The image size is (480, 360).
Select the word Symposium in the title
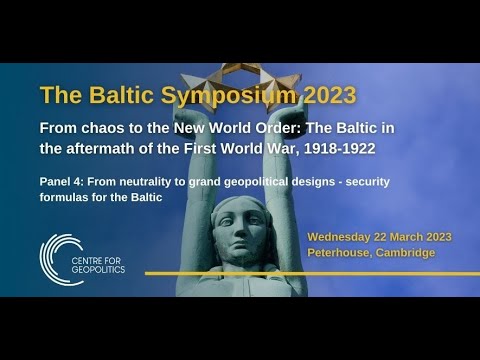pos(218,95)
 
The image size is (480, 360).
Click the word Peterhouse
pos(339,253)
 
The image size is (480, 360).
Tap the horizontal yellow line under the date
pos(300,272)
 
